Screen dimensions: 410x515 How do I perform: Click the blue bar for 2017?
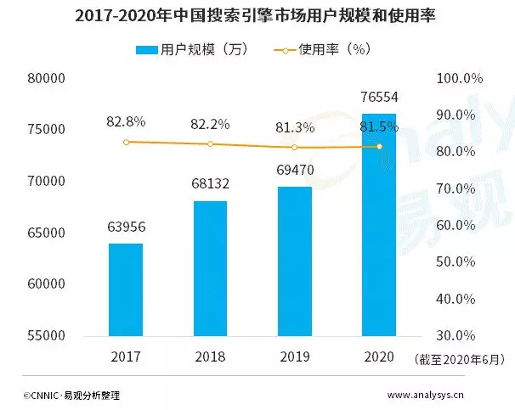[125, 289]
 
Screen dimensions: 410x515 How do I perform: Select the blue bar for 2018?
[210, 268]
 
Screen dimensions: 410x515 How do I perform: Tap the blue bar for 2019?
[295, 261]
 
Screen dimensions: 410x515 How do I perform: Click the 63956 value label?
[126, 227]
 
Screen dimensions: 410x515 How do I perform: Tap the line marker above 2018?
[210, 144]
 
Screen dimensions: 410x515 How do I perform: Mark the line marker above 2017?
[126, 142]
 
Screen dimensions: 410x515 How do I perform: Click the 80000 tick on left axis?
[48, 79]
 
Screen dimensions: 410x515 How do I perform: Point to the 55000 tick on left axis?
[48, 336]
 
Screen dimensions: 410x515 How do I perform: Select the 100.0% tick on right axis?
[459, 79]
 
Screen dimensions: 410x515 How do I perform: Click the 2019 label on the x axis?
[295, 357]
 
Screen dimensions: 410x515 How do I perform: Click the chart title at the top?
[257, 16]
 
